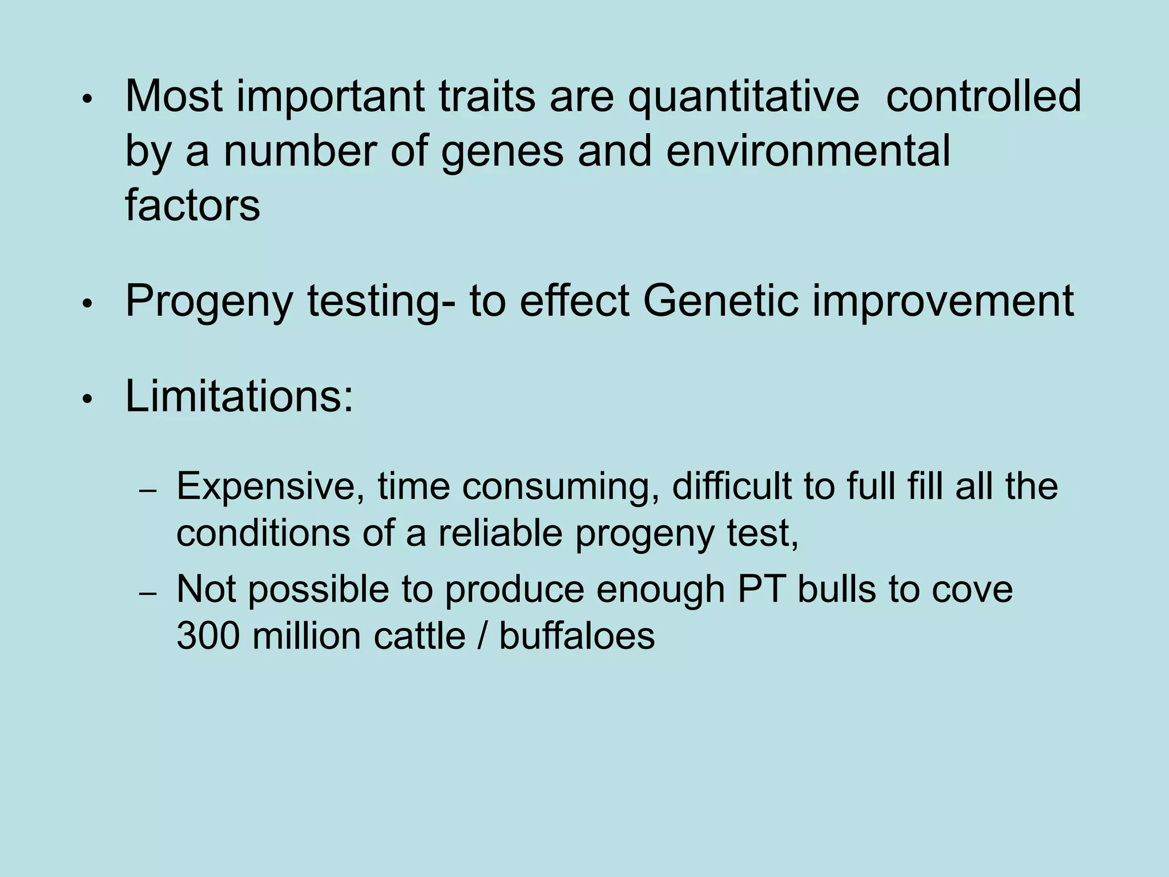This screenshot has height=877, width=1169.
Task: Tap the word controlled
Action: [x=983, y=96]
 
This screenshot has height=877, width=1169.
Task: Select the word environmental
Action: [x=808, y=151]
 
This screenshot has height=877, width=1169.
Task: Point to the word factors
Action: [x=192, y=205]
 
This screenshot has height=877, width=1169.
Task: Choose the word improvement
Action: [x=943, y=301]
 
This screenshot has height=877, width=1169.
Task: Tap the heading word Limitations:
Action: [x=239, y=396]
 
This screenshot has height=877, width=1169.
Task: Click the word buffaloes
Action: [x=577, y=635]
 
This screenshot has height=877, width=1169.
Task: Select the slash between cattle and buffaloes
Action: [x=483, y=635]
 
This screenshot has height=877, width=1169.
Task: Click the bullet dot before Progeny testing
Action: [x=87, y=304]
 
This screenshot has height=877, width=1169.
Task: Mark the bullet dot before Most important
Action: [x=87, y=99]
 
